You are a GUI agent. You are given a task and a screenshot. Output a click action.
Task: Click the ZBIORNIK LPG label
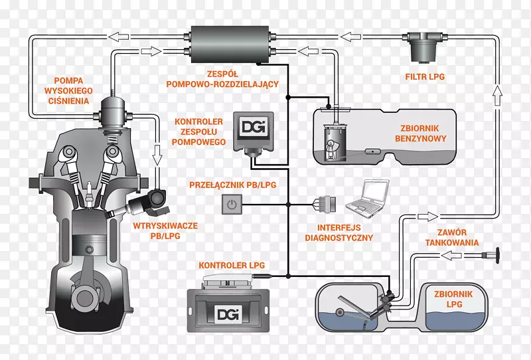pyautogui.click(x=446, y=300)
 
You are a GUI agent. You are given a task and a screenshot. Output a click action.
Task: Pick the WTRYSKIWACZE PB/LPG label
pyautogui.click(x=165, y=230)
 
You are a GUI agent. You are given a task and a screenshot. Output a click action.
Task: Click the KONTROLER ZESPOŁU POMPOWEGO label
pyautogui.click(x=198, y=132)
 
